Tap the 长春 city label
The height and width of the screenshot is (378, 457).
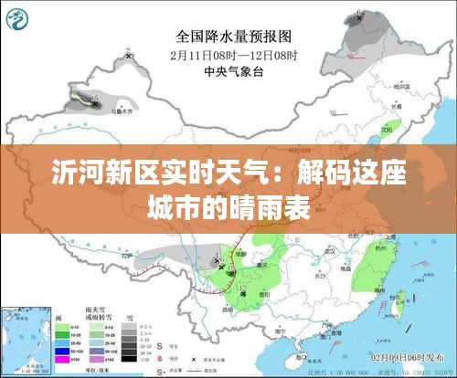coord(396,106)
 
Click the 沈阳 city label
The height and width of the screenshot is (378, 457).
coord(387,129)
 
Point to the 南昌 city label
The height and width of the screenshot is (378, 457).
coord(345,268)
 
